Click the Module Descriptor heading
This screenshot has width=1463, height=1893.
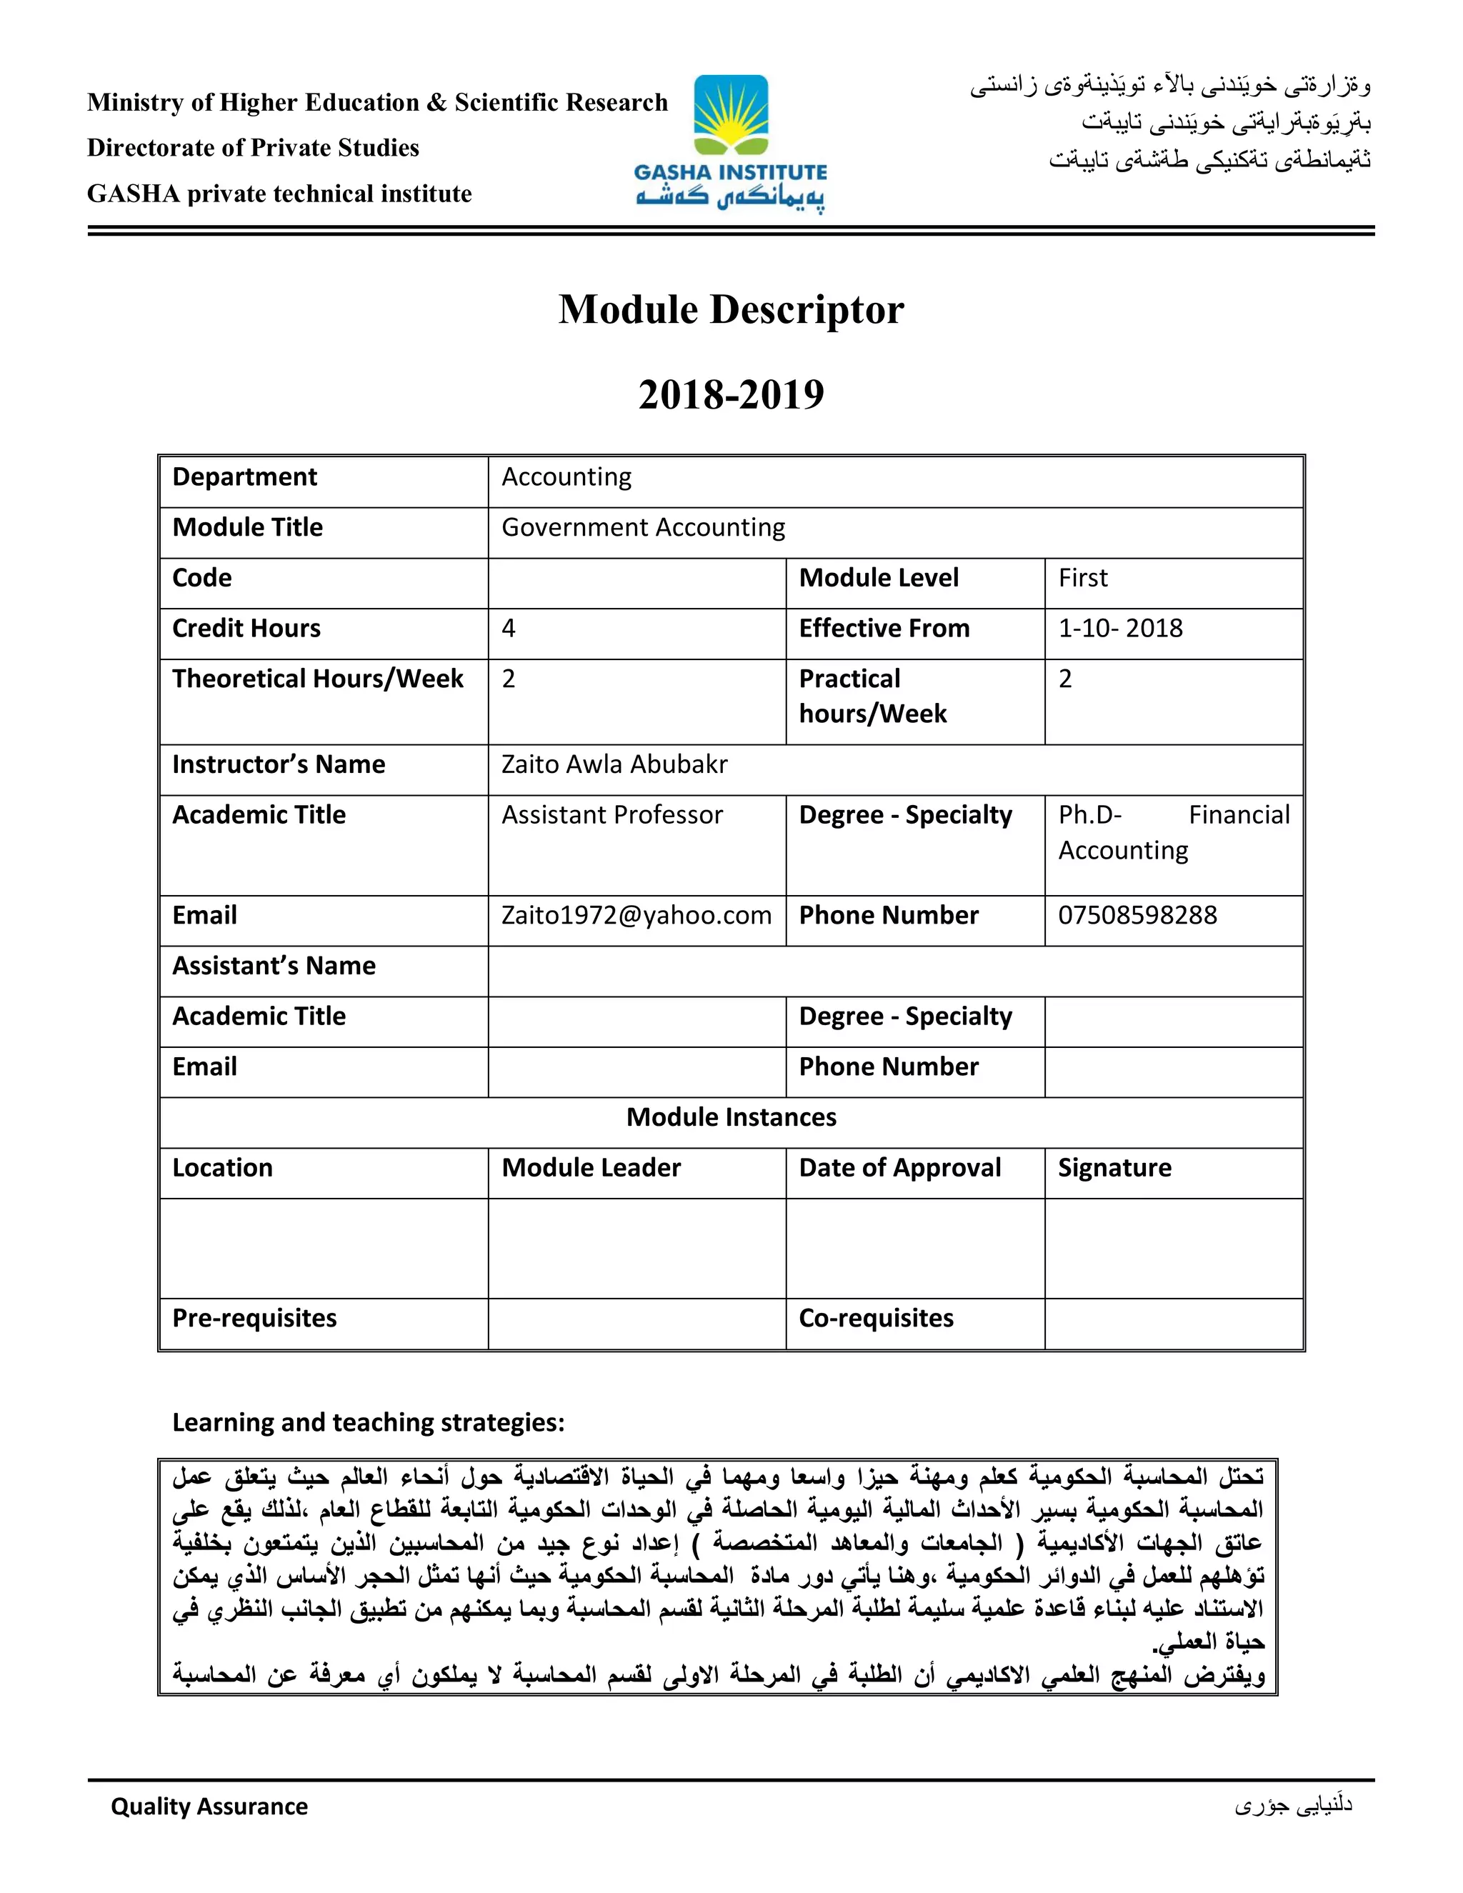(x=731, y=309)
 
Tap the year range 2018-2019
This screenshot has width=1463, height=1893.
(x=731, y=394)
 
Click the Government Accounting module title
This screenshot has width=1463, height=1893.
(x=643, y=528)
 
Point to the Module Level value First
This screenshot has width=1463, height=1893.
(x=1082, y=578)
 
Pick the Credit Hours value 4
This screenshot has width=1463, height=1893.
(x=509, y=629)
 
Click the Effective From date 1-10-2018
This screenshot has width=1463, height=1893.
(x=1120, y=629)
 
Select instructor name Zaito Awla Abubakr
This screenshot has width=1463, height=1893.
(x=614, y=764)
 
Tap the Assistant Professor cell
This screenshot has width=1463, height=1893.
(x=612, y=815)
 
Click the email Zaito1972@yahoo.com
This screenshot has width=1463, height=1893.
(x=636, y=915)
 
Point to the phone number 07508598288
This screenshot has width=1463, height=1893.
(x=1137, y=915)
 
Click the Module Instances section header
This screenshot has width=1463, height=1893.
(x=731, y=1117)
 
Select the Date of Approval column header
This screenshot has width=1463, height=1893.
(x=899, y=1167)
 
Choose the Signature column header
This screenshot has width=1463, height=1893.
(x=1114, y=1167)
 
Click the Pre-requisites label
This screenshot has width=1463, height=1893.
(x=254, y=1319)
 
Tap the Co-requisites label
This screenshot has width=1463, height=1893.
(x=875, y=1319)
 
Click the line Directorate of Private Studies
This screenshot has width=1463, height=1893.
(x=253, y=148)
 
